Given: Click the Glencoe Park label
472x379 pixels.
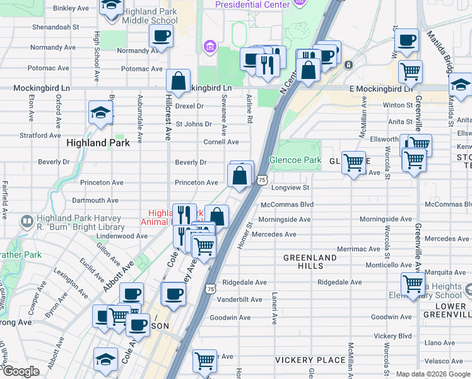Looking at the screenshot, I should [x=295, y=160].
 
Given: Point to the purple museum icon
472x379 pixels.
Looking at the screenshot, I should [x=209, y=47].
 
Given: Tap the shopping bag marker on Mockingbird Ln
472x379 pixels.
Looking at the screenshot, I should [x=179, y=81].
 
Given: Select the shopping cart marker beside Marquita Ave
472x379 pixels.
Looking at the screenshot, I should [x=413, y=284].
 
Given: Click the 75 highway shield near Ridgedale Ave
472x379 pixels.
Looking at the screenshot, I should [x=210, y=288].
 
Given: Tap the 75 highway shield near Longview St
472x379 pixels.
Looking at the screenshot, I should [x=261, y=181].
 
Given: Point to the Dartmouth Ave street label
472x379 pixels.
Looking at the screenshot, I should [x=95, y=200].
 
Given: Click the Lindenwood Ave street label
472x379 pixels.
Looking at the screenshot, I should [x=122, y=236].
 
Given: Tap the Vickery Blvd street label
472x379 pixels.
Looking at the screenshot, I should [x=392, y=335].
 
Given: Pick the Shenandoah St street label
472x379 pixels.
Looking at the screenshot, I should [x=57, y=27].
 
